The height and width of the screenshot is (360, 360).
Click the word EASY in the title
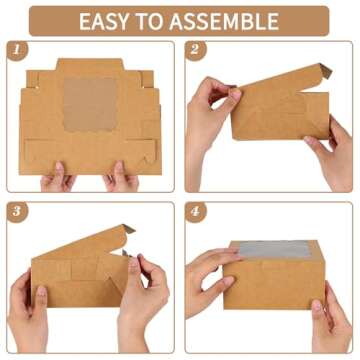tap(104, 21)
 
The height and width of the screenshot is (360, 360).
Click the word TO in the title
tap(150, 21)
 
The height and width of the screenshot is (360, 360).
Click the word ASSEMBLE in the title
tap(224, 21)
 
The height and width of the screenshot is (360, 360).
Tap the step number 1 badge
tap(17, 50)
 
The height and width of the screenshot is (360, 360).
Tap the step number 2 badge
tap(196, 50)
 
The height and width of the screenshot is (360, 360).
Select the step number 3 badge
tap(17, 212)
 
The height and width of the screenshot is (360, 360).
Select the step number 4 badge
tap(196, 212)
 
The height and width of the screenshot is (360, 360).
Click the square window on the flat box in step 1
tap(90, 105)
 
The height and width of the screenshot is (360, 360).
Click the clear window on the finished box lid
tap(275, 249)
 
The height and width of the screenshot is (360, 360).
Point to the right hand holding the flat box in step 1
tap(121, 177)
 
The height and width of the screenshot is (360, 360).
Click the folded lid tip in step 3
tap(128, 229)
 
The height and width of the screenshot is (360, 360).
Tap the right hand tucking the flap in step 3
tap(143, 300)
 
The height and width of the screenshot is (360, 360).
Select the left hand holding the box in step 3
tap(28, 313)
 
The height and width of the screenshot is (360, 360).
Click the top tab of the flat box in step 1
tap(90, 65)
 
